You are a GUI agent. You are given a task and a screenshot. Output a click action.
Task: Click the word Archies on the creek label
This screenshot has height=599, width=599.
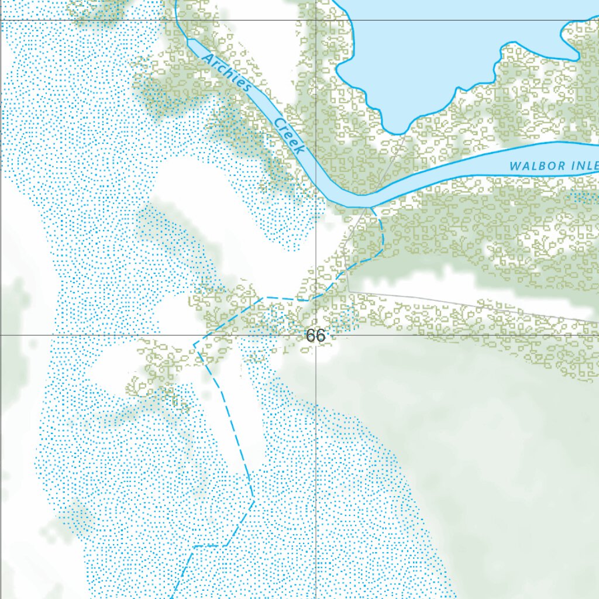click(x=226, y=73)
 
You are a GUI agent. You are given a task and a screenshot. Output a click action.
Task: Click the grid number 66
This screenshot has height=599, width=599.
click(x=315, y=336)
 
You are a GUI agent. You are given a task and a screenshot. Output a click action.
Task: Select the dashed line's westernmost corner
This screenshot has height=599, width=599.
click(x=194, y=344)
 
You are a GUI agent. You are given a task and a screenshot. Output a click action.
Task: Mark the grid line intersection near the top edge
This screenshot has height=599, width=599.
click(x=316, y=20)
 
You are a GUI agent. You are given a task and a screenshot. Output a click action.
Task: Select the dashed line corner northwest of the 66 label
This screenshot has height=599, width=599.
click(x=264, y=298)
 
